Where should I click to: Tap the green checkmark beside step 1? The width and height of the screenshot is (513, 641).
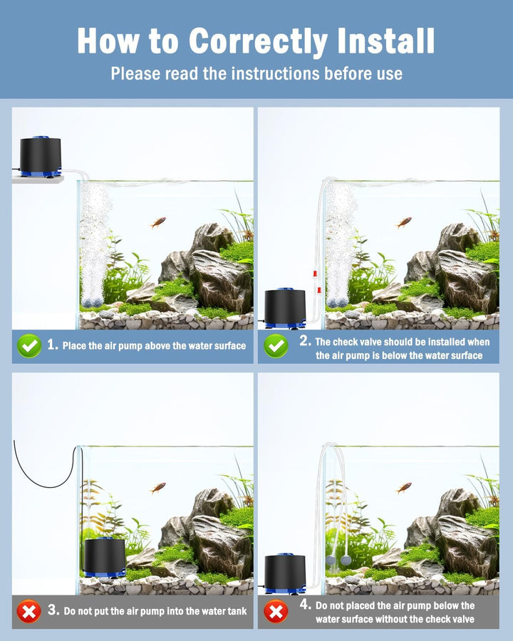point(29,346)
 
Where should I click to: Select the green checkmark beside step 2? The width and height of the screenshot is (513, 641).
point(276,346)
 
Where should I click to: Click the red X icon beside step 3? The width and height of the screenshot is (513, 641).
point(29,611)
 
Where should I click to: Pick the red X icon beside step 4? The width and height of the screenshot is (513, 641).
point(276,611)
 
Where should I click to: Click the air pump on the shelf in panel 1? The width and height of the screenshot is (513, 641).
point(40,157)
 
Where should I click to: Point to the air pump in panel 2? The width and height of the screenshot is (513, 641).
point(285,308)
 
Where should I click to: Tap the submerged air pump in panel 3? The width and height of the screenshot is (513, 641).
point(104,557)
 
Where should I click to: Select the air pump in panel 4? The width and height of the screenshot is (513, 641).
point(285,573)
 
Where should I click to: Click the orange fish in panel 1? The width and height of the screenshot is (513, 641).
point(158,222)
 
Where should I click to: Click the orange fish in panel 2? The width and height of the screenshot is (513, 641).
point(404,222)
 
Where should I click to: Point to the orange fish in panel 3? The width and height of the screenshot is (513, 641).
point(158,488)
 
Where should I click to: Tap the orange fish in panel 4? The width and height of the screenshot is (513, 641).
point(404,488)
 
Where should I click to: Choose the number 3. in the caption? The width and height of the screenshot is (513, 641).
point(53,610)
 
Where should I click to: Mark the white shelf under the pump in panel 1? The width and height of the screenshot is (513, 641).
point(37,179)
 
